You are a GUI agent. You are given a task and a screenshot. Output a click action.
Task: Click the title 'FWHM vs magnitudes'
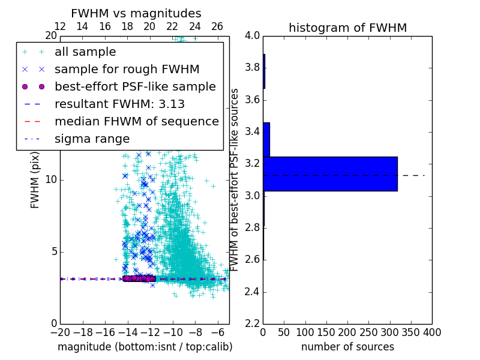136,13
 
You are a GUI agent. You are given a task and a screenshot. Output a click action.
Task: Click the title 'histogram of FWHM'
347,28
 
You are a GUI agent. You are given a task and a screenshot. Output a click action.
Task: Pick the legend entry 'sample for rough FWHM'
127,70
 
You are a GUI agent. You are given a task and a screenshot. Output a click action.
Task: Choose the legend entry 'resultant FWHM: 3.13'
119,104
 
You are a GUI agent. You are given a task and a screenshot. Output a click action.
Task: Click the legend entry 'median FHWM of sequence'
136,122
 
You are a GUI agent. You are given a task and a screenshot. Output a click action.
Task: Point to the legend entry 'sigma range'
92,139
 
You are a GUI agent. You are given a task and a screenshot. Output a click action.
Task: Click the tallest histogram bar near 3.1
330,174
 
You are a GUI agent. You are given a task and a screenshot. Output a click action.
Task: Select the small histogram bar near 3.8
264,71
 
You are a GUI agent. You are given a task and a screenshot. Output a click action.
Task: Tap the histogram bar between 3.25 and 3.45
266,140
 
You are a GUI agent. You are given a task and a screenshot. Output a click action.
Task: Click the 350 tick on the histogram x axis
410,332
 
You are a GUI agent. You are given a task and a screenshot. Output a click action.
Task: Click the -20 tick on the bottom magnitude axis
60,332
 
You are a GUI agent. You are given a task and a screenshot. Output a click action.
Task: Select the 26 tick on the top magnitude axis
217,26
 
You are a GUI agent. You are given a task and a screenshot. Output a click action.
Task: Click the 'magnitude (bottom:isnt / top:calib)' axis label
145,347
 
